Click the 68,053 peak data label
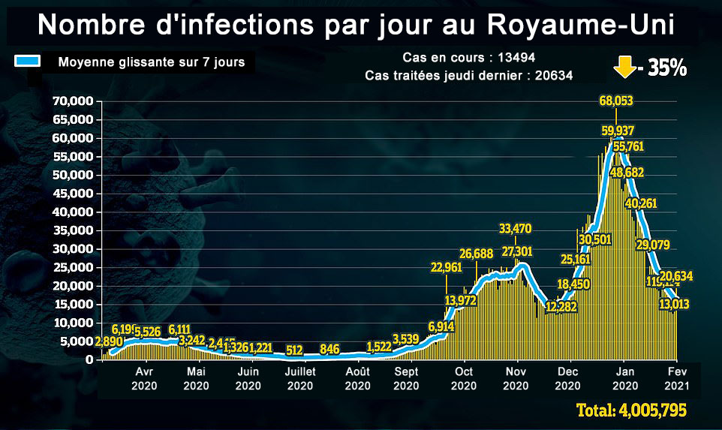615,101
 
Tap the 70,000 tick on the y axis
72,101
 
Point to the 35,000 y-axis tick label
72,230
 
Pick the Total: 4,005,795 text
630,411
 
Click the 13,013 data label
674,305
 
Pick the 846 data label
329,349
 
